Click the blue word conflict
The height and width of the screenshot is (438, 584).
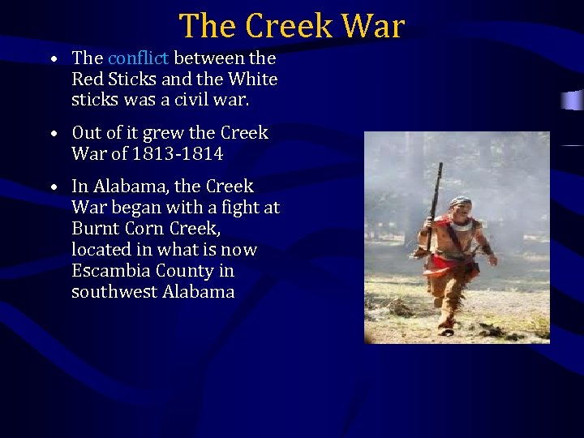tap(138, 58)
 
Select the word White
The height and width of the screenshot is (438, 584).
tap(253, 79)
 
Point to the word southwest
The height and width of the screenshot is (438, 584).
tap(109, 291)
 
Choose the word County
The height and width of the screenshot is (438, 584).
tap(184, 270)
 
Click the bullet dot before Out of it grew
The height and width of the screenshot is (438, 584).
tap(52, 134)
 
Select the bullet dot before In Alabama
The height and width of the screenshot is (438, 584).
tap(52, 187)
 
